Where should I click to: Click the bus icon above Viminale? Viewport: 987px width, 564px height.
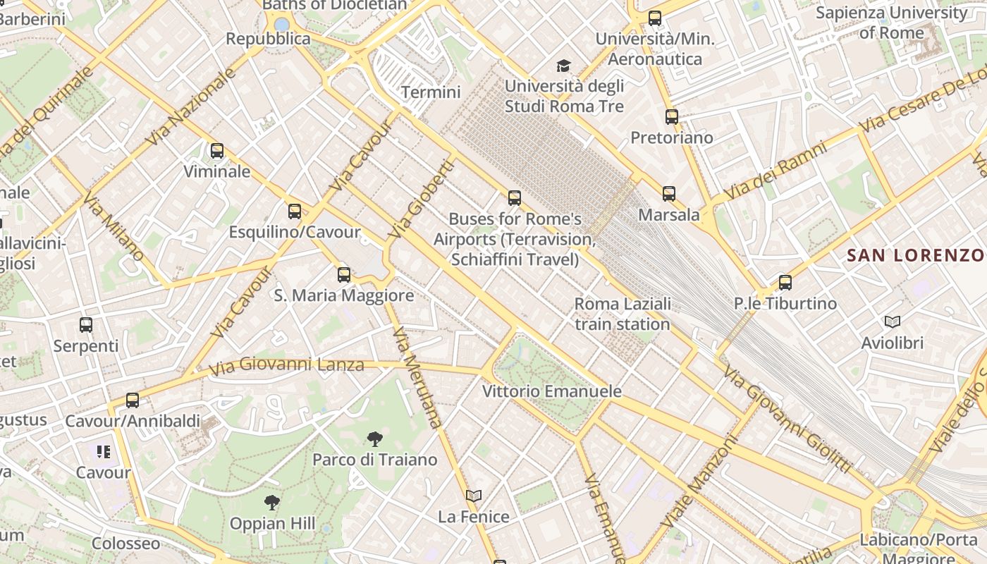(217, 150)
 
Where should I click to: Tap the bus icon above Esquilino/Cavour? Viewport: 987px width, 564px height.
(295, 211)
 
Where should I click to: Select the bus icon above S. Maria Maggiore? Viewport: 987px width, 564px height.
(344, 274)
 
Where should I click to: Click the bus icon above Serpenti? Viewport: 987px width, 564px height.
(86, 325)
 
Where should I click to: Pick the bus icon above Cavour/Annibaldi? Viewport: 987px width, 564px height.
(133, 400)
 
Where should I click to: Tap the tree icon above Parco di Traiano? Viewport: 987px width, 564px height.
(375, 439)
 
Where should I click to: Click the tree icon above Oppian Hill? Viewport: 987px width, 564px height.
(272, 503)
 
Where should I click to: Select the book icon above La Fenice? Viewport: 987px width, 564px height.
(474, 496)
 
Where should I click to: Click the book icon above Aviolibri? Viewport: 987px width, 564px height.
(893, 322)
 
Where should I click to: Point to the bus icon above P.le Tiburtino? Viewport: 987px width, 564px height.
(785, 283)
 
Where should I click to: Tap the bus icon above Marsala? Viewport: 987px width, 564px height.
(669, 193)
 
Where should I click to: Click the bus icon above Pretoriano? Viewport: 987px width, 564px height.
(672, 116)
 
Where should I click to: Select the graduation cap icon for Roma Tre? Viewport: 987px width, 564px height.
(563, 66)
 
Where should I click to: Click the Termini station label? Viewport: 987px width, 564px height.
(431, 92)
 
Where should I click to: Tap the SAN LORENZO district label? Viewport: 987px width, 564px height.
(915, 255)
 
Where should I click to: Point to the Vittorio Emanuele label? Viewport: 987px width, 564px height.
(552, 391)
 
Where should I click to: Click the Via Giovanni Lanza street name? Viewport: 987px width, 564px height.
(287, 365)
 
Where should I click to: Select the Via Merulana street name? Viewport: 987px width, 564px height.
(418, 378)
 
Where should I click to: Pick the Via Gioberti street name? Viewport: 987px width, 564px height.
(422, 200)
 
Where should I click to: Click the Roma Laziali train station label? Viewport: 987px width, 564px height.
(623, 314)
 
